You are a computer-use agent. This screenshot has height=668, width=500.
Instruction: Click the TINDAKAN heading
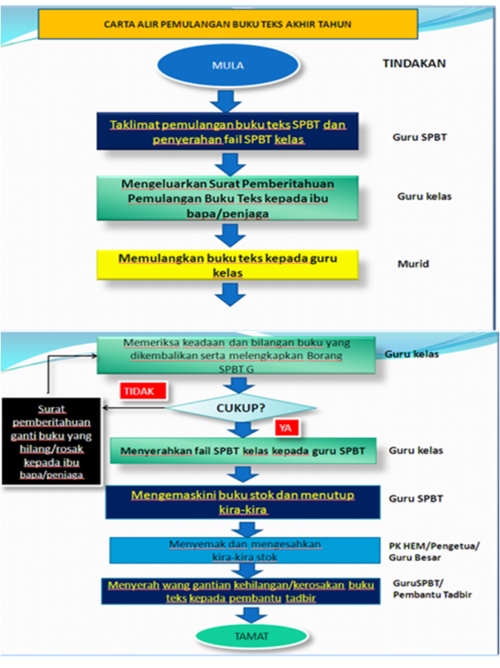[x=414, y=64]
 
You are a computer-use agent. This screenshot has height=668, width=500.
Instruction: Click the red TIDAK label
[x=139, y=392]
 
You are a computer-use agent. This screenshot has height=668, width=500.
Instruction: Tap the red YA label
[x=284, y=427]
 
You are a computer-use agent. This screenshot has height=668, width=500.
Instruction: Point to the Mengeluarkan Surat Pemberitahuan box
[x=227, y=197]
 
